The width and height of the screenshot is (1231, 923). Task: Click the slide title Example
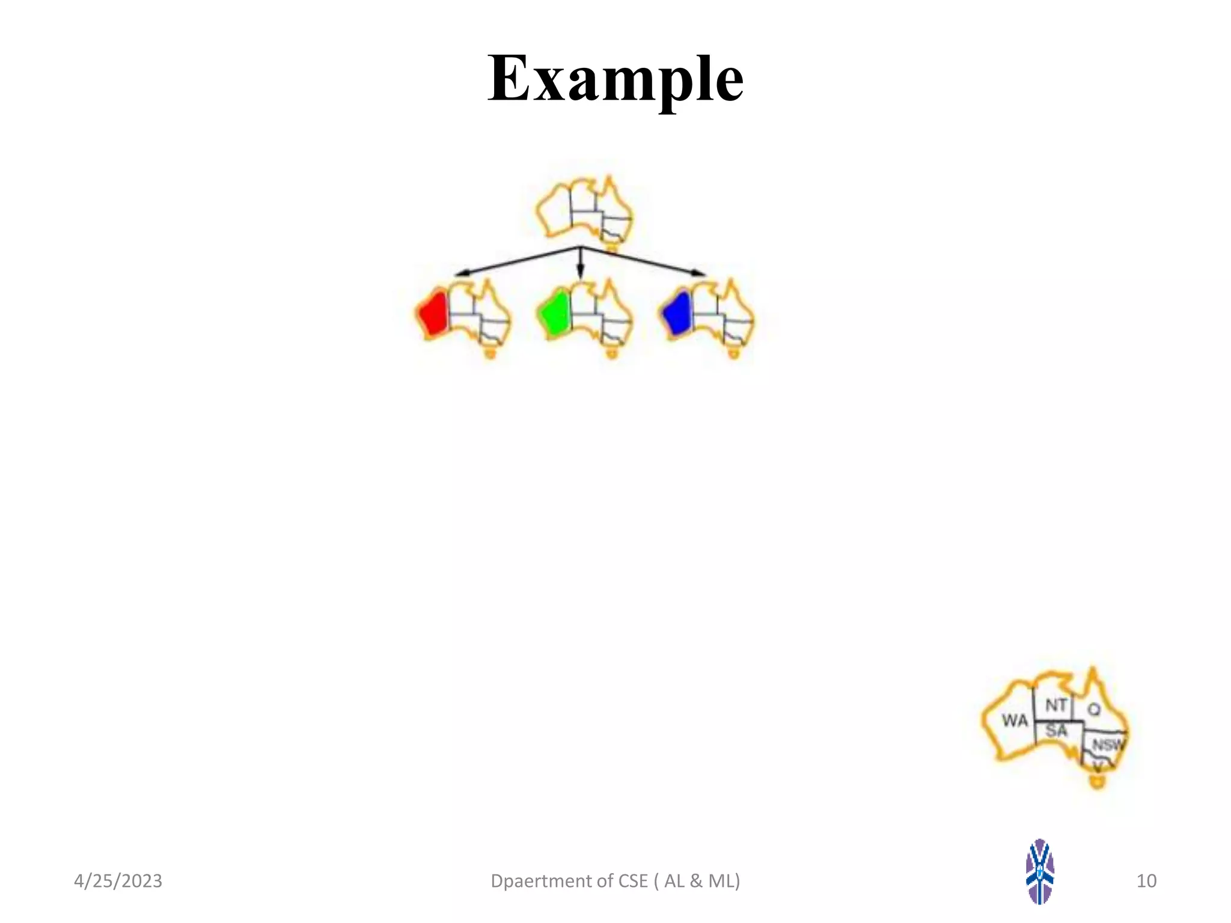pyautogui.click(x=615, y=78)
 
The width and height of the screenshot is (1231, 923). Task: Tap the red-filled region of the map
pyautogui.click(x=433, y=313)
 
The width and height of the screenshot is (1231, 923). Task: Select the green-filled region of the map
pyautogui.click(x=555, y=312)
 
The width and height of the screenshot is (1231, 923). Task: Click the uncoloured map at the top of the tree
pyautogui.click(x=584, y=210)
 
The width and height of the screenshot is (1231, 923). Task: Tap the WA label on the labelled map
pyautogui.click(x=1015, y=720)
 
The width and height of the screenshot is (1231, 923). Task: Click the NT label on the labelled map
pyautogui.click(x=1056, y=705)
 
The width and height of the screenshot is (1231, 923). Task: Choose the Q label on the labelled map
pyautogui.click(x=1094, y=710)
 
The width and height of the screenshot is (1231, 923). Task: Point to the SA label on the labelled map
pyautogui.click(x=1056, y=731)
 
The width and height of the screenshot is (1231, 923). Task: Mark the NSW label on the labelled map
pyautogui.click(x=1107, y=745)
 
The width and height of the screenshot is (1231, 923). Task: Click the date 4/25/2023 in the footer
pyautogui.click(x=118, y=881)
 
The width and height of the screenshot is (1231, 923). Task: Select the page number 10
pyautogui.click(x=1146, y=881)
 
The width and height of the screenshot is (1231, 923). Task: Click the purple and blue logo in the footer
pyautogui.click(x=1040, y=871)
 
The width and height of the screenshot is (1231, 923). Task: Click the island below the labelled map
pyautogui.click(x=1098, y=782)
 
